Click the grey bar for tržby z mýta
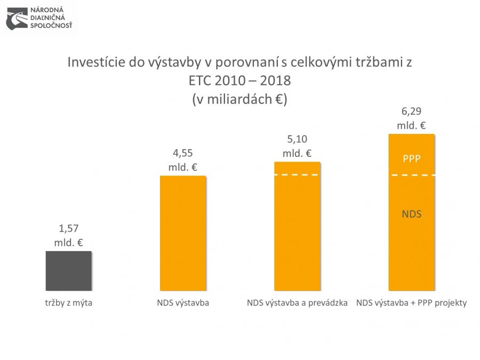68,270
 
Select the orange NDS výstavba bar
183,233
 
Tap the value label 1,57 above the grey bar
68,229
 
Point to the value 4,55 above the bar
183,154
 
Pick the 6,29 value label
411,112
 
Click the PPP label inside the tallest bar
411,158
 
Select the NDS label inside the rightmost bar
411,214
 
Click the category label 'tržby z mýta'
68,303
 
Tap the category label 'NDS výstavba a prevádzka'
297,303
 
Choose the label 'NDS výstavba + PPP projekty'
411,303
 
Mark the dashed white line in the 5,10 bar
297,175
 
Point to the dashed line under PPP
411,175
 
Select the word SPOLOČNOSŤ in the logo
52,25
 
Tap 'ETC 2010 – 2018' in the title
239,81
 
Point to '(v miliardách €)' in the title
239,99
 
